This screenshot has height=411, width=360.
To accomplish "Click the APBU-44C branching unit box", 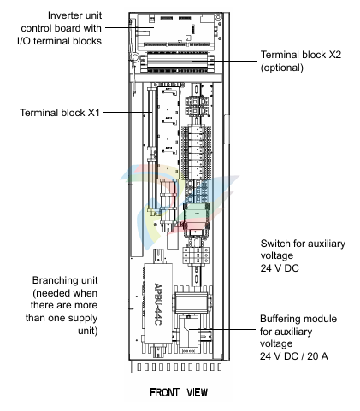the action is click(x=158, y=304).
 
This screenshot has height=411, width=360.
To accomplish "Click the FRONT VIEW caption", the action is click(x=179, y=392).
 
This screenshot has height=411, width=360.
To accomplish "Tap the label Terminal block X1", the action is click(x=60, y=113).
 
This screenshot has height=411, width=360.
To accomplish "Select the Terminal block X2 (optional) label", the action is click(x=301, y=61).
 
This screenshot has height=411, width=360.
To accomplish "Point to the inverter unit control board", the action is click(x=176, y=30).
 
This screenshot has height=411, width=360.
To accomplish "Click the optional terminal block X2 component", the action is click(x=177, y=62).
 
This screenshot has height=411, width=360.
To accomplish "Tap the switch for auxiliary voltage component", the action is click(x=196, y=255).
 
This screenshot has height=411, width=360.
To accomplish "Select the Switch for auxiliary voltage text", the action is click(x=303, y=255).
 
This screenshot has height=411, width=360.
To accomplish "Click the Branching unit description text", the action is click(x=62, y=305).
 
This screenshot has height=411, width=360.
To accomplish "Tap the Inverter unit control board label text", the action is click(x=59, y=28).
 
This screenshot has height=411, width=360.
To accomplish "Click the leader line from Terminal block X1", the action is click(x=128, y=112).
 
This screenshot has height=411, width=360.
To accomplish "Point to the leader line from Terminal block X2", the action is click(x=224, y=61).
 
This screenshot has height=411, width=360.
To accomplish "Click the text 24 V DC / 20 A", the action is click(x=293, y=355).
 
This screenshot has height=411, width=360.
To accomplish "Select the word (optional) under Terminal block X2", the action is click(x=282, y=68).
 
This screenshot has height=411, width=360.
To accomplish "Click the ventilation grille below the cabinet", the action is click(x=180, y=367).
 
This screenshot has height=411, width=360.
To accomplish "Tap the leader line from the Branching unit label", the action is click(x=125, y=297).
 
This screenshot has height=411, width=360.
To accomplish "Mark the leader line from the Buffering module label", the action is click(x=222, y=330).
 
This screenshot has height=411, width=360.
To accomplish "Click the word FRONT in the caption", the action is click(x=164, y=392).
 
